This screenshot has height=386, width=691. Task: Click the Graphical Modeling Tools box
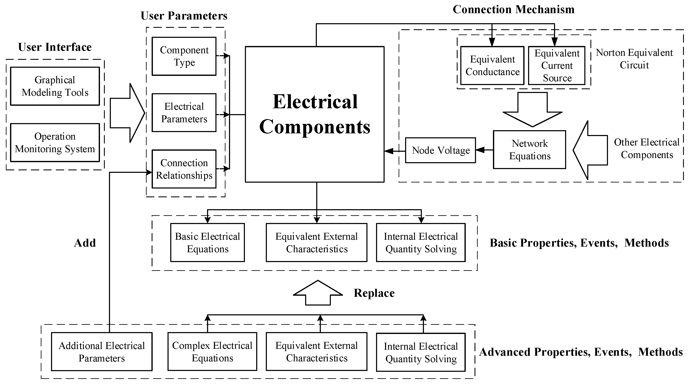[55, 86]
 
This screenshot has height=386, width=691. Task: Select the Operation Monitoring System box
[55, 143]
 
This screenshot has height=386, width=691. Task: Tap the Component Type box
[184, 56]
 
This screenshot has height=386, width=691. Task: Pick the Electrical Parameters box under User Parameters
[184, 113]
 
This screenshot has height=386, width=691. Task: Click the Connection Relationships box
[184, 169]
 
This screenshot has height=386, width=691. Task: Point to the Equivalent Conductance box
[492, 66]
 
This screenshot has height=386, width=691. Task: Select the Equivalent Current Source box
[557, 66]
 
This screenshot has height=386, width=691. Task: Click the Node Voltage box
[440, 150]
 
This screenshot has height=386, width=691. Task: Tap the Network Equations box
[530, 150]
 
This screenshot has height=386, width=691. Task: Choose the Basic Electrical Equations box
[207, 243]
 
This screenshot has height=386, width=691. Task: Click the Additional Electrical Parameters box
[102, 352]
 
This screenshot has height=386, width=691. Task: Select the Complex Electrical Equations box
[212, 352]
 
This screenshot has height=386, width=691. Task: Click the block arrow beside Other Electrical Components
[590, 150]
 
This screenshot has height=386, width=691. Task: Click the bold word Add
[85, 243]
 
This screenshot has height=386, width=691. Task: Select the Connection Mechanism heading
[513, 10]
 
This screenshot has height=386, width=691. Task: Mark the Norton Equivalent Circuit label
[634, 59]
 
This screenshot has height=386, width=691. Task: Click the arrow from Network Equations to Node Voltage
[484, 150]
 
